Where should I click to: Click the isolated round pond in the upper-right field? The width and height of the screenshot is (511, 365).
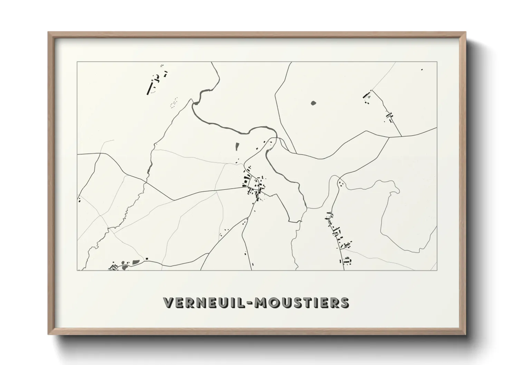pyautogui.click(x=313, y=102)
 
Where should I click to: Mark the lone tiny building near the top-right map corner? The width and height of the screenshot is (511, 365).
pyautogui.click(x=422, y=70)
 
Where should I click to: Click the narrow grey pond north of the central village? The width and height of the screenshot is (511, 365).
pyautogui.click(x=237, y=147)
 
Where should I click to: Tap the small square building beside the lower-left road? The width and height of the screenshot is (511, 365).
pyautogui.click(x=147, y=258)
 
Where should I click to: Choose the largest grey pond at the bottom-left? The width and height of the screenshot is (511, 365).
pyautogui.click(x=135, y=263)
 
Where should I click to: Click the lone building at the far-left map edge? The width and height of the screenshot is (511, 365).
pyautogui.click(x=79, y=200)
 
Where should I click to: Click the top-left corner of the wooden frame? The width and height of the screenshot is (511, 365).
pyautogui.click(x=48, y=32)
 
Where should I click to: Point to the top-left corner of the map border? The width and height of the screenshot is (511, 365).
pyautogui.click(x=77, y=62)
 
